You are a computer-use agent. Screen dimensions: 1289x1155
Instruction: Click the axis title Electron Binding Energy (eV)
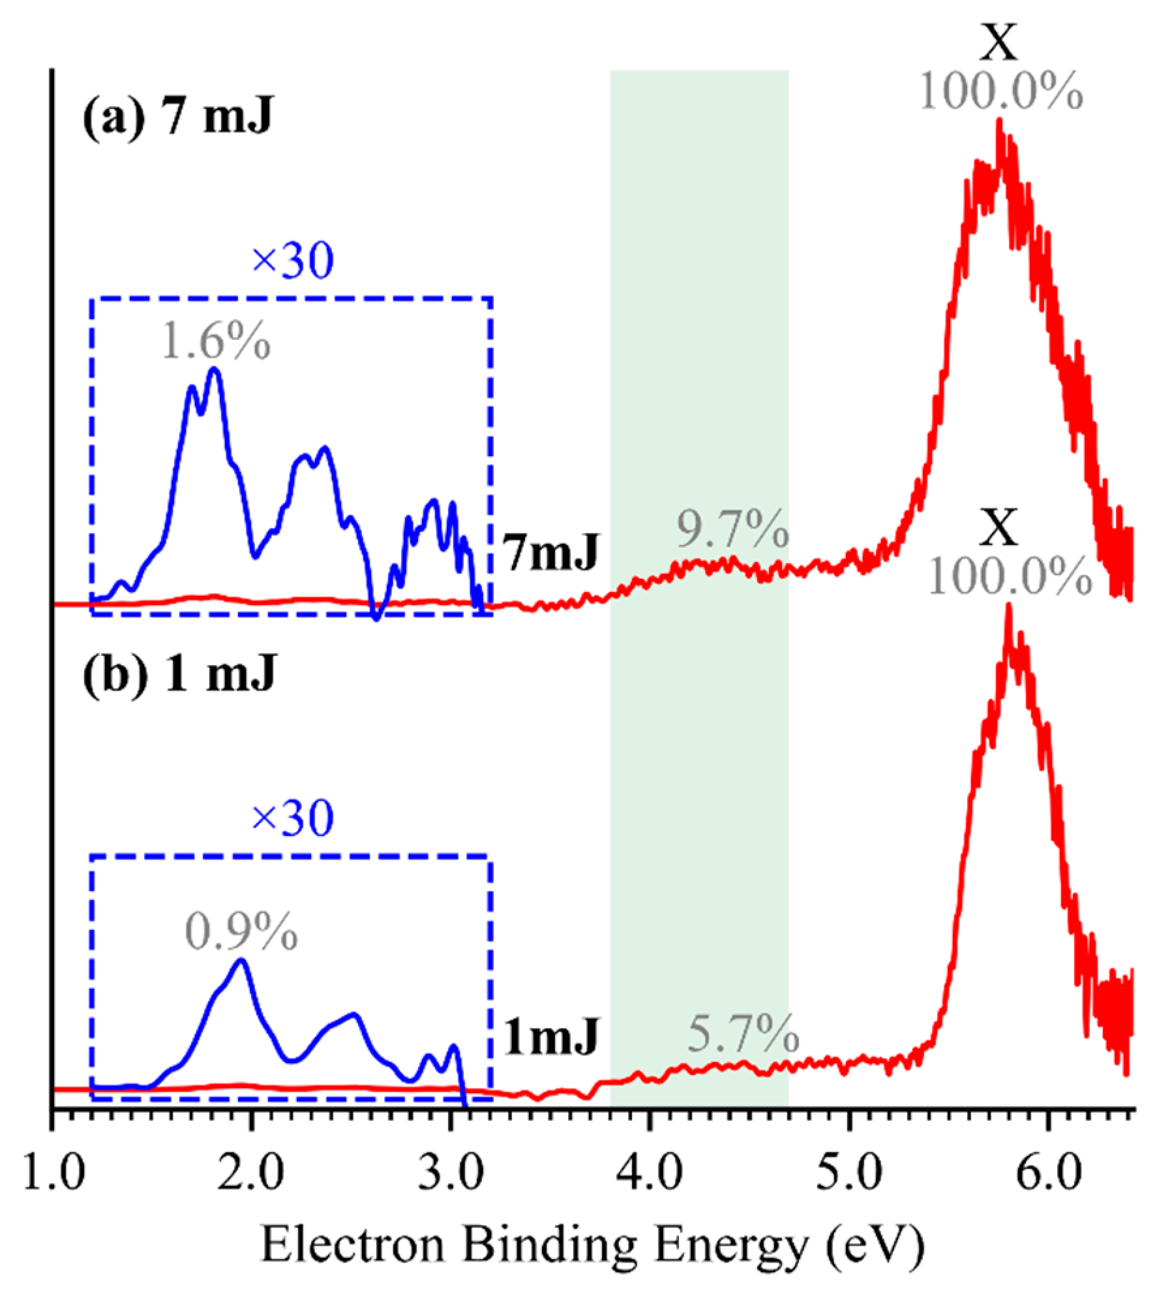[x=593, y=1245]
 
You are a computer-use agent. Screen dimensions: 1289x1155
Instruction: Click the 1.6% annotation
[x=216, y=341]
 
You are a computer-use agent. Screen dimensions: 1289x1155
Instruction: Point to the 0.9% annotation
[x=241, y=933]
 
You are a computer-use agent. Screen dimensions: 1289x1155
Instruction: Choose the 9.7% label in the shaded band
[x=732, y=529]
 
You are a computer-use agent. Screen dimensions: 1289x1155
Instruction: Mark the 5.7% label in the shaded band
[x=743, y=1035]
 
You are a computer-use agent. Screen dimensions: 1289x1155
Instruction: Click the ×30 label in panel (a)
[x=292, y=261]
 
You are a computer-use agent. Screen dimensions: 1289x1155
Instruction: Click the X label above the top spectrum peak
[x=1000, y=44]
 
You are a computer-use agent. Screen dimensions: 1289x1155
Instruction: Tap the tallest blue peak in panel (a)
[x=214, y=370]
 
